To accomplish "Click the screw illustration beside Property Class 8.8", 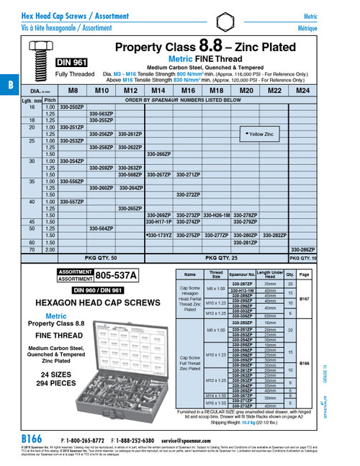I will coord(37,61).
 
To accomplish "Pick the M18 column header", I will coord(216,91).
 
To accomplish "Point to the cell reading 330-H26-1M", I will coord(216,215).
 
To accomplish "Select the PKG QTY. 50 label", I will coord(101,257).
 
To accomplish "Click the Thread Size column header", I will coord(216,274).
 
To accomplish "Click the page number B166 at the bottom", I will coord(33,438).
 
